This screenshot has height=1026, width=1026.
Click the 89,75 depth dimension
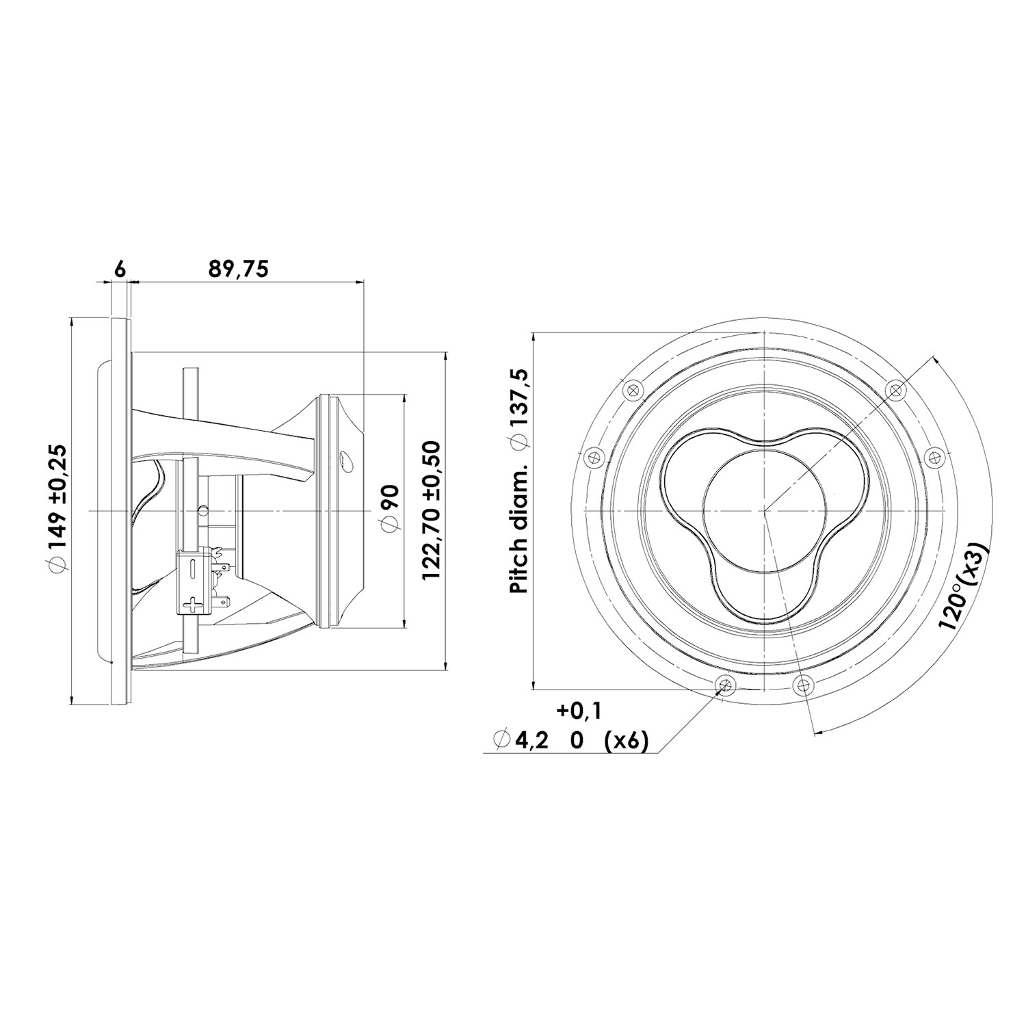(x=238, y=269)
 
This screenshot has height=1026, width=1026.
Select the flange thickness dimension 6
(x=120, y=269)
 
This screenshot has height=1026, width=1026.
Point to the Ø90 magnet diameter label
(x=389, y=510)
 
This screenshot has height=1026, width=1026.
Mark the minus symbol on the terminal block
(x=194, y=567)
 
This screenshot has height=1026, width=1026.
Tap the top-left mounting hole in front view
(x=631, y=389)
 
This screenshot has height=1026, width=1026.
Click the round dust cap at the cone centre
(x=763, y=510)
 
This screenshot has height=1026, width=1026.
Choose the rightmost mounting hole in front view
(x=934, y=456)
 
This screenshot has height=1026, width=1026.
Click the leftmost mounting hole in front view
(x=592, y=456)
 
